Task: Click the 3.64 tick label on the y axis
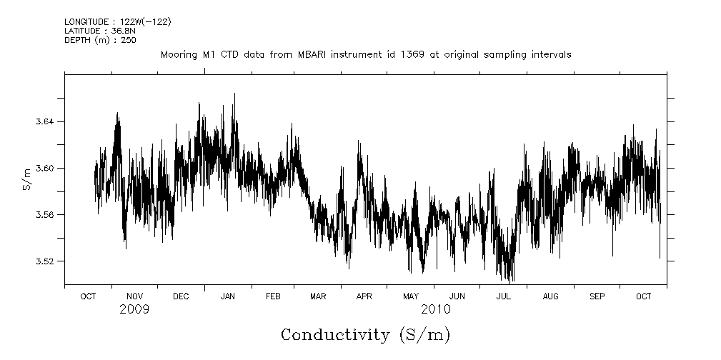[x=35, y=122]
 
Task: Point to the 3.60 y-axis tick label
[x=35, y=169]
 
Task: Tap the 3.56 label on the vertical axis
[x=35, y=215]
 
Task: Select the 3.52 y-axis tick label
[x=35, y=261]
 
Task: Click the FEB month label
[x=274, y=296]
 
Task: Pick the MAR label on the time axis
[x=319, y=296]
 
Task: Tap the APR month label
[x=364, y=296]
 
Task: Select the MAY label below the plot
[x=411, y=296]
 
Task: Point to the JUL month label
[x=503, y=296]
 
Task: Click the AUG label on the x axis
[x=550, y=296]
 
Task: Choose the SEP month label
[x=597, y=296]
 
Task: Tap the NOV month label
[x=134, y=296]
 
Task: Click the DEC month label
[x=181, y=296]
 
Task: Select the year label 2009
[x=134, y=310]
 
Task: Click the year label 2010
[x=435, y=310]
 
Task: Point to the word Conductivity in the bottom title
[x=335, y=335]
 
